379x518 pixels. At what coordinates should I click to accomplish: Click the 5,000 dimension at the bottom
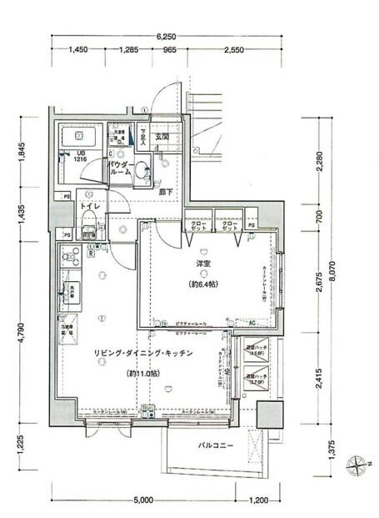coord(142,500)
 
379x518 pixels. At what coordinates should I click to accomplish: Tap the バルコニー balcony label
coord(216,445)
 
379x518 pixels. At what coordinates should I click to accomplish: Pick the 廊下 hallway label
coord(166,191)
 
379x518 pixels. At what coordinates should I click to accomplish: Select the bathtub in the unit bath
coord(81,136)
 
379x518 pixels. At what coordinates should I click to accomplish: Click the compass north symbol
coord(358,460)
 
